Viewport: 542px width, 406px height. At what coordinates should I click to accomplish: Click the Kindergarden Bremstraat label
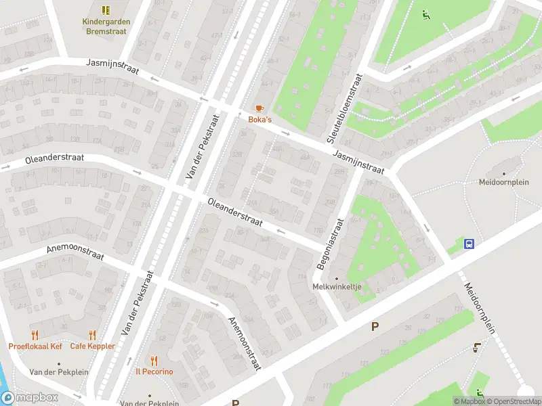(106, 26)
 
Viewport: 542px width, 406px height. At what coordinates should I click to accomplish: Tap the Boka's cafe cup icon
(259, 108)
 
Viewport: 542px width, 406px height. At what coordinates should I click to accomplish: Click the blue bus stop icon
(469, 244)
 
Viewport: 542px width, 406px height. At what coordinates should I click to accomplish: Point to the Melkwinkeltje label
(337, 286)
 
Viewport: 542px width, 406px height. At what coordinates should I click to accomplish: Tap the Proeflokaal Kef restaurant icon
(35, 335)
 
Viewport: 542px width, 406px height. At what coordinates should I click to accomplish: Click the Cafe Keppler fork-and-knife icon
(92, 335)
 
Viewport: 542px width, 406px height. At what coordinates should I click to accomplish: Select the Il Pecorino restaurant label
(154, 371)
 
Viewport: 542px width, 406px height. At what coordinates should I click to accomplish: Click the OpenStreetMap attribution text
(513, 401)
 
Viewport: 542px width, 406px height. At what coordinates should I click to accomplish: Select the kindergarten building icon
(106, 10)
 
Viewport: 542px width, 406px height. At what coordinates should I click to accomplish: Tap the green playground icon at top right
(425, 14)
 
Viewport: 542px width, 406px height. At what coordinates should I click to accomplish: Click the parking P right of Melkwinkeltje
(375, 327)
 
